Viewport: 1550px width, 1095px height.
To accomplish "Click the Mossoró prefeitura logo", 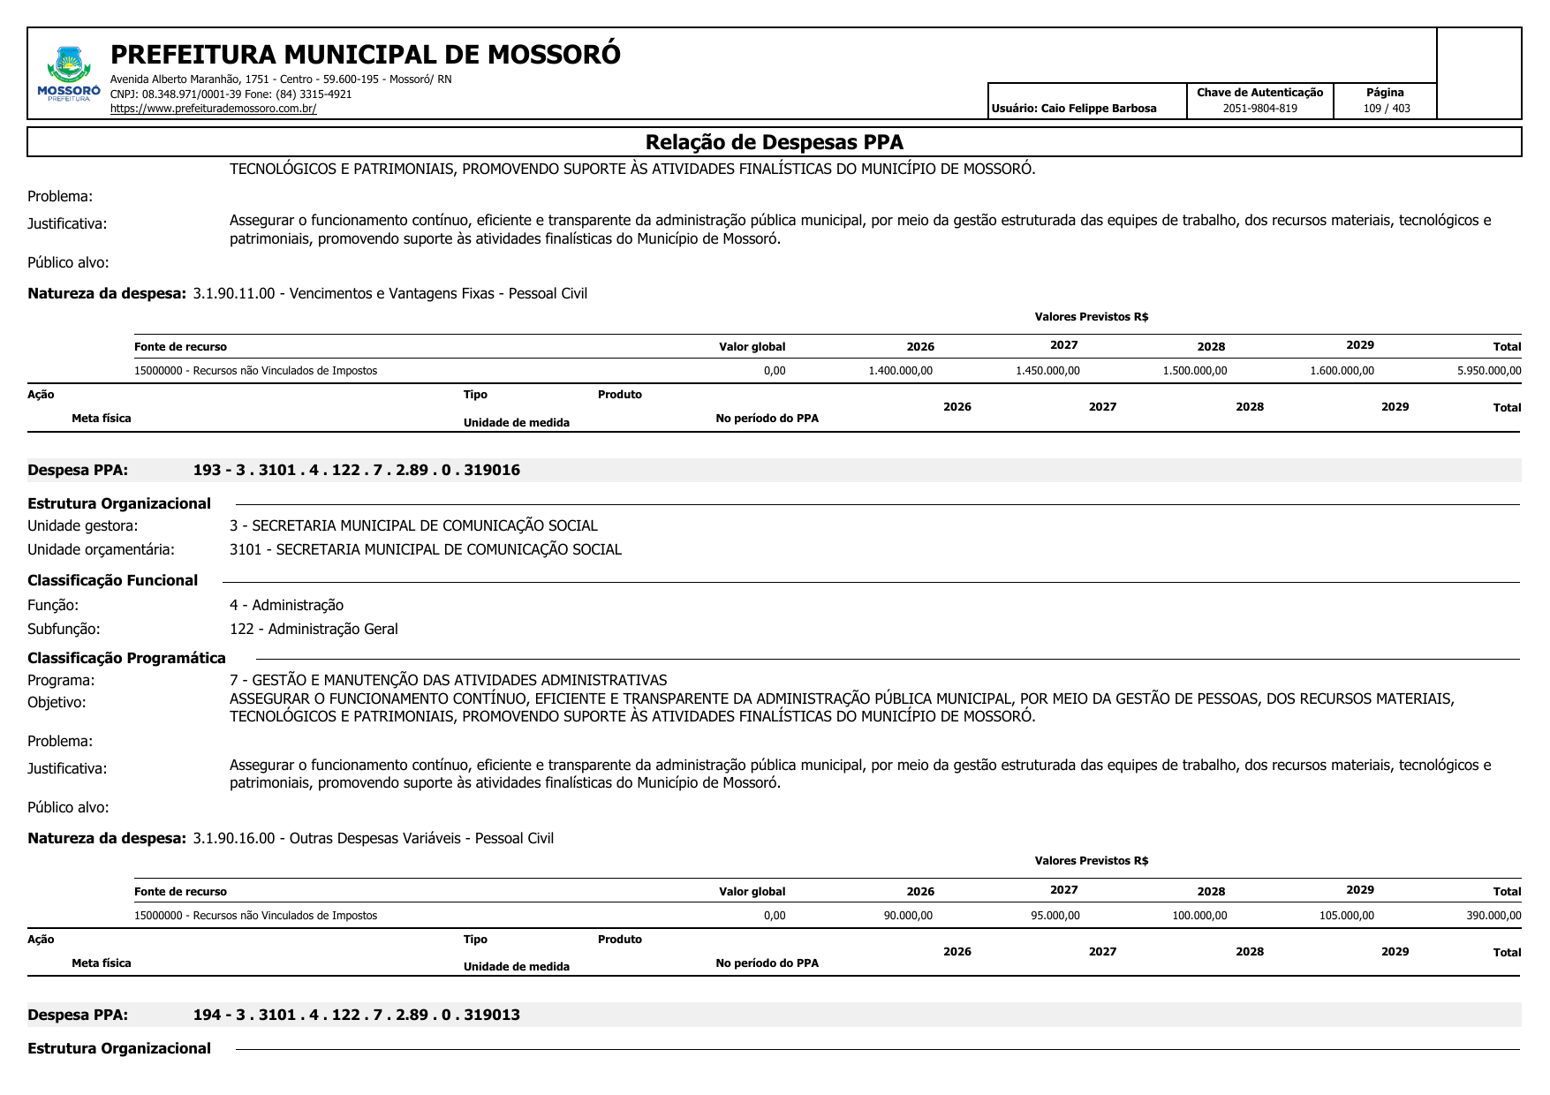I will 69,74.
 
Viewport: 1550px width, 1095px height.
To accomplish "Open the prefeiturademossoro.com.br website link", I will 213,109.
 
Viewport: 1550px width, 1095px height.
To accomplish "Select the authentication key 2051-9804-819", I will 1259,109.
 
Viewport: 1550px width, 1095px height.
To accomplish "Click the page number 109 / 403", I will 1386,109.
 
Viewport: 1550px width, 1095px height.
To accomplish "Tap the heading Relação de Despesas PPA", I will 774,142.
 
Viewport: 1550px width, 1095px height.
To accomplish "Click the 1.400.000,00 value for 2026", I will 900,371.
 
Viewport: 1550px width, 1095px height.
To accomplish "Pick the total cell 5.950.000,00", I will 1489,371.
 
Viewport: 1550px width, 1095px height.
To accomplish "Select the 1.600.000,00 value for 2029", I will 1342,371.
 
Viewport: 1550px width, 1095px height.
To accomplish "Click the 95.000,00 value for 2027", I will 1055,916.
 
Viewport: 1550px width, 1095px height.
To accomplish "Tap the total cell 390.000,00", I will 1493,916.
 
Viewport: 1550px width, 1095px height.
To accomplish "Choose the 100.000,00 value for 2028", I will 1199,916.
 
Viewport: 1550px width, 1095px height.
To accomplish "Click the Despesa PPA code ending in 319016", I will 356,470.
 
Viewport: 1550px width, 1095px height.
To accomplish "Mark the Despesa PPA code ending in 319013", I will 356,1015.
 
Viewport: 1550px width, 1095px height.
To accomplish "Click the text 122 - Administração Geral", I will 314,629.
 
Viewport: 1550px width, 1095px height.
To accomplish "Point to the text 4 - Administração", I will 286,605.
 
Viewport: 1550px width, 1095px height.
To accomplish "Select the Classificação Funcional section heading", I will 112,580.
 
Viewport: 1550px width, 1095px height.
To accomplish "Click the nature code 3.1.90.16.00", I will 234,838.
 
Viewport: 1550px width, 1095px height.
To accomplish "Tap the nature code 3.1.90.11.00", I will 234,293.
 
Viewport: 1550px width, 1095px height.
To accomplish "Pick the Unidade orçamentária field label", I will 101,549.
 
